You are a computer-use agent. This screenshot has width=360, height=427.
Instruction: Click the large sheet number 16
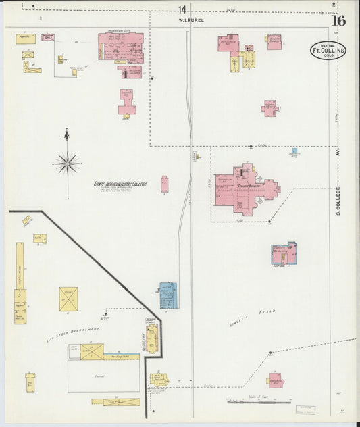pyautogui.click(x=338, y=20)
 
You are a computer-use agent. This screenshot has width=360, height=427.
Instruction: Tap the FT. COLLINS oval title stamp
pyautogui.click(x=328, y=51)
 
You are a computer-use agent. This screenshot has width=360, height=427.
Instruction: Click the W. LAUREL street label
pyautogui.click(x=191, y=20)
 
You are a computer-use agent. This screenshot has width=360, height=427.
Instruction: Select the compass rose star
pyautogui.click(x=67, y=162)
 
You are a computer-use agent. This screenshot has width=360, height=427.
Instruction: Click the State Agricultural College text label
pyautogui.click(x=120, y=184)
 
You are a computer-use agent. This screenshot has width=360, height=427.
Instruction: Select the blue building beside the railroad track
pyautogui.click(x=168, y=295)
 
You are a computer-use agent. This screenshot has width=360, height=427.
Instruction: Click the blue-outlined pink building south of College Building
pyautogui.click(x=284, y=254)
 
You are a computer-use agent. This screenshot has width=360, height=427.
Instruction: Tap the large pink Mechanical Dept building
pyautogui.click(x=120, y=48)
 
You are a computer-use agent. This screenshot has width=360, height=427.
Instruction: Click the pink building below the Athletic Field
pyautogui.click(x=276, y=380)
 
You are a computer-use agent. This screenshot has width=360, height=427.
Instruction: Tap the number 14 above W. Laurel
pyautogui.click(x=182, y=9)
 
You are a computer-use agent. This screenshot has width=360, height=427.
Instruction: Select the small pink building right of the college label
pyautogui.click(x=164, y=184)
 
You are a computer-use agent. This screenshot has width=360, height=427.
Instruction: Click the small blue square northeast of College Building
pyautogui.click(x=294, y=151)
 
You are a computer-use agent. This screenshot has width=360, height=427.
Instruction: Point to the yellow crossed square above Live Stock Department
pyautogui.click(x=68, y=299)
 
